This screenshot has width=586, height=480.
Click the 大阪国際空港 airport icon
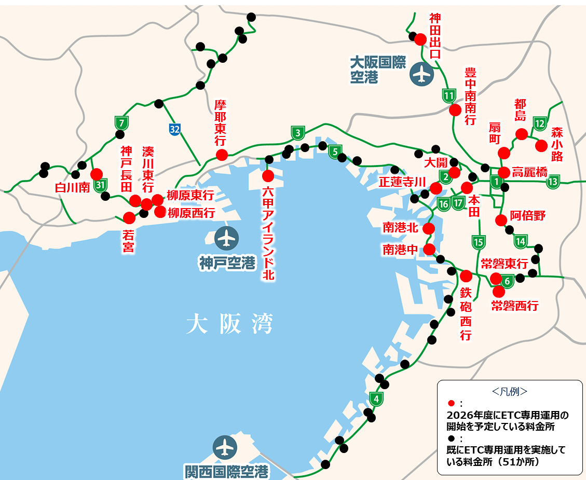(421, 74)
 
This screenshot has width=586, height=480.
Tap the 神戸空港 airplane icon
(226, 238)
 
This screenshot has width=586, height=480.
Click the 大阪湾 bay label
(229, 325)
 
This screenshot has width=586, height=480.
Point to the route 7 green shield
(121, 123)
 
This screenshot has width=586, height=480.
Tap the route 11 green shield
(449, 95)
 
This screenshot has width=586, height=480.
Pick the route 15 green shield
(478, 241)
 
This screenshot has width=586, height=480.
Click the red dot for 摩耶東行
(222, 154)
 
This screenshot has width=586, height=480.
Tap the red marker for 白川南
(96, 174)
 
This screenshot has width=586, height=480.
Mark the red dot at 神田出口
(420, 39)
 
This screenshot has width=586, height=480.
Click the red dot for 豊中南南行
(455, 110)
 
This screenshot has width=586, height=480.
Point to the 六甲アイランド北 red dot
(268, 175)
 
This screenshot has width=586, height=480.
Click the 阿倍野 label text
(527, 216)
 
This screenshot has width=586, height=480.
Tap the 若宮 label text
(128, 242)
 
